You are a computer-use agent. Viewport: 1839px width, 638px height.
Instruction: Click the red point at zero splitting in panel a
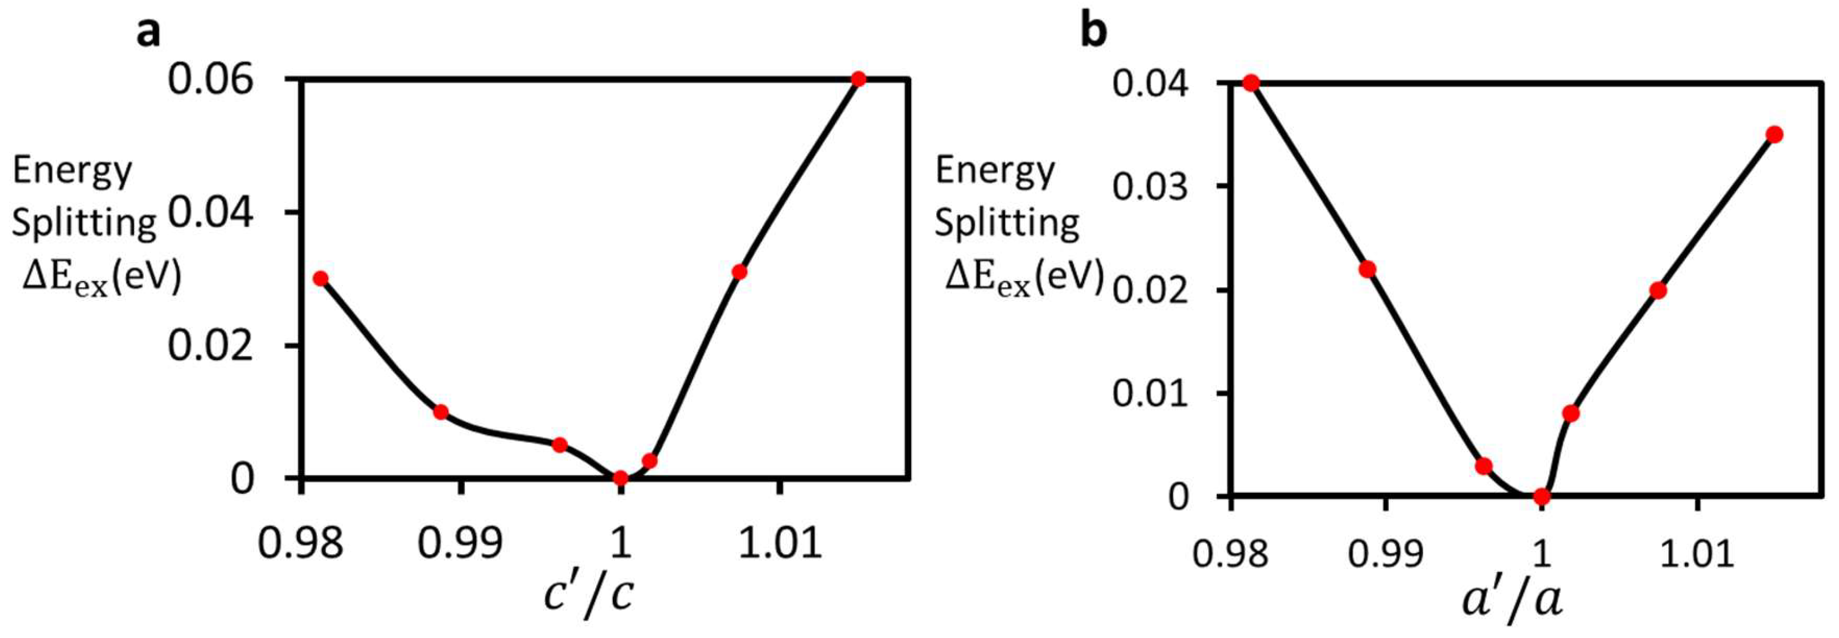coord(621,477)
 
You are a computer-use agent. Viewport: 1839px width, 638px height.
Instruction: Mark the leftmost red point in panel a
coord(321,278)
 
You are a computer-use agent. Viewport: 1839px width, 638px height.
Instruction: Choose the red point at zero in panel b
coord(1541,496)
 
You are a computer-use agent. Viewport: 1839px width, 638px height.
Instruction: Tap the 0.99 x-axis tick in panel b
coord(1386,553)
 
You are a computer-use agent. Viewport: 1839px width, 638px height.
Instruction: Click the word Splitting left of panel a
coord(84,223)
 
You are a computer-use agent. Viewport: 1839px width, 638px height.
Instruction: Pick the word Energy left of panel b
coord(995,171)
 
